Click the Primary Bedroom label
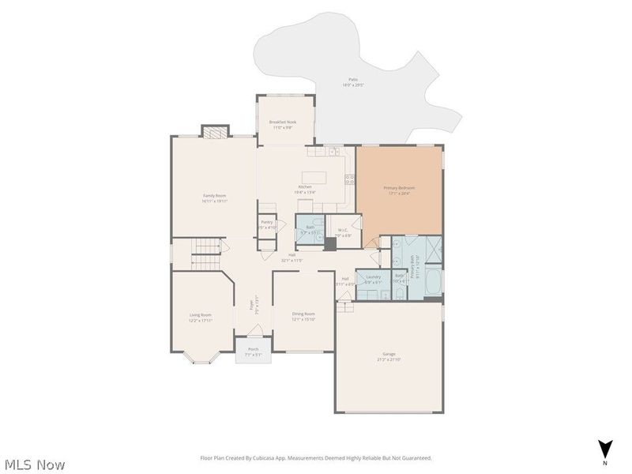[x=399, y=188]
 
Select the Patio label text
[x=352, y=80]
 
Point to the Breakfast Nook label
[x=282, y=122]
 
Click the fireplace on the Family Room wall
[x=215, y=132]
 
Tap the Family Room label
[x=215, y=196]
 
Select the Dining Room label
[x=303, y=314]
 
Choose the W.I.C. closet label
[x=342, y=231]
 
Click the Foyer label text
[x=253, y=303]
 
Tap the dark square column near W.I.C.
[x=329, y=244]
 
